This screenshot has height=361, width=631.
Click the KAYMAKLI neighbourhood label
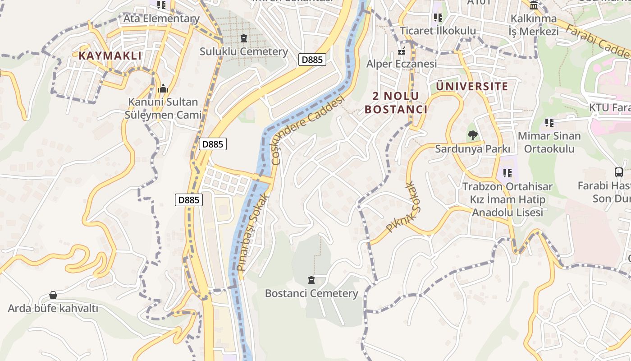click(x=110, y=56)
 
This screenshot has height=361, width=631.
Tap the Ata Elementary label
click(x=161, y=19)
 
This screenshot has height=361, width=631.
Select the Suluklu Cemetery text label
click(x=244, y=51)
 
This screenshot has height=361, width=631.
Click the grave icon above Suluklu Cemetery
click(x=244, y=38)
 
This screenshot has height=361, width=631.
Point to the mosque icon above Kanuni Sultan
click(x=163, y=88)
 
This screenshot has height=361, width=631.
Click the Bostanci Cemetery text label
click(x=311, y=293)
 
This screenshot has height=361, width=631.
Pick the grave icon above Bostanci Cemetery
click(x=311, y=280)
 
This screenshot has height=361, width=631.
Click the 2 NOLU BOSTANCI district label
click(x=395, y=102)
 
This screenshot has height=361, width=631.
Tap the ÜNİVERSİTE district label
click(x=472, y=86)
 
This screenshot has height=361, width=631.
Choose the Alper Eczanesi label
click(x=401, y=64)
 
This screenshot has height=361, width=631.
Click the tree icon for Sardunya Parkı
click(x=472, y=135)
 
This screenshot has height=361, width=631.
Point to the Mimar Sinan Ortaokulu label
click(x=549, y=142)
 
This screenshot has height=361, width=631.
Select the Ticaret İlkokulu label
click(x=438, y=31)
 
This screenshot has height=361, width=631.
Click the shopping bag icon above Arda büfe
click(x=53, y=295)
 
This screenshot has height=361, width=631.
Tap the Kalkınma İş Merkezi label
click(x=534, y=25)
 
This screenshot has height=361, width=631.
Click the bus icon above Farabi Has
click(x=619, y=172)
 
